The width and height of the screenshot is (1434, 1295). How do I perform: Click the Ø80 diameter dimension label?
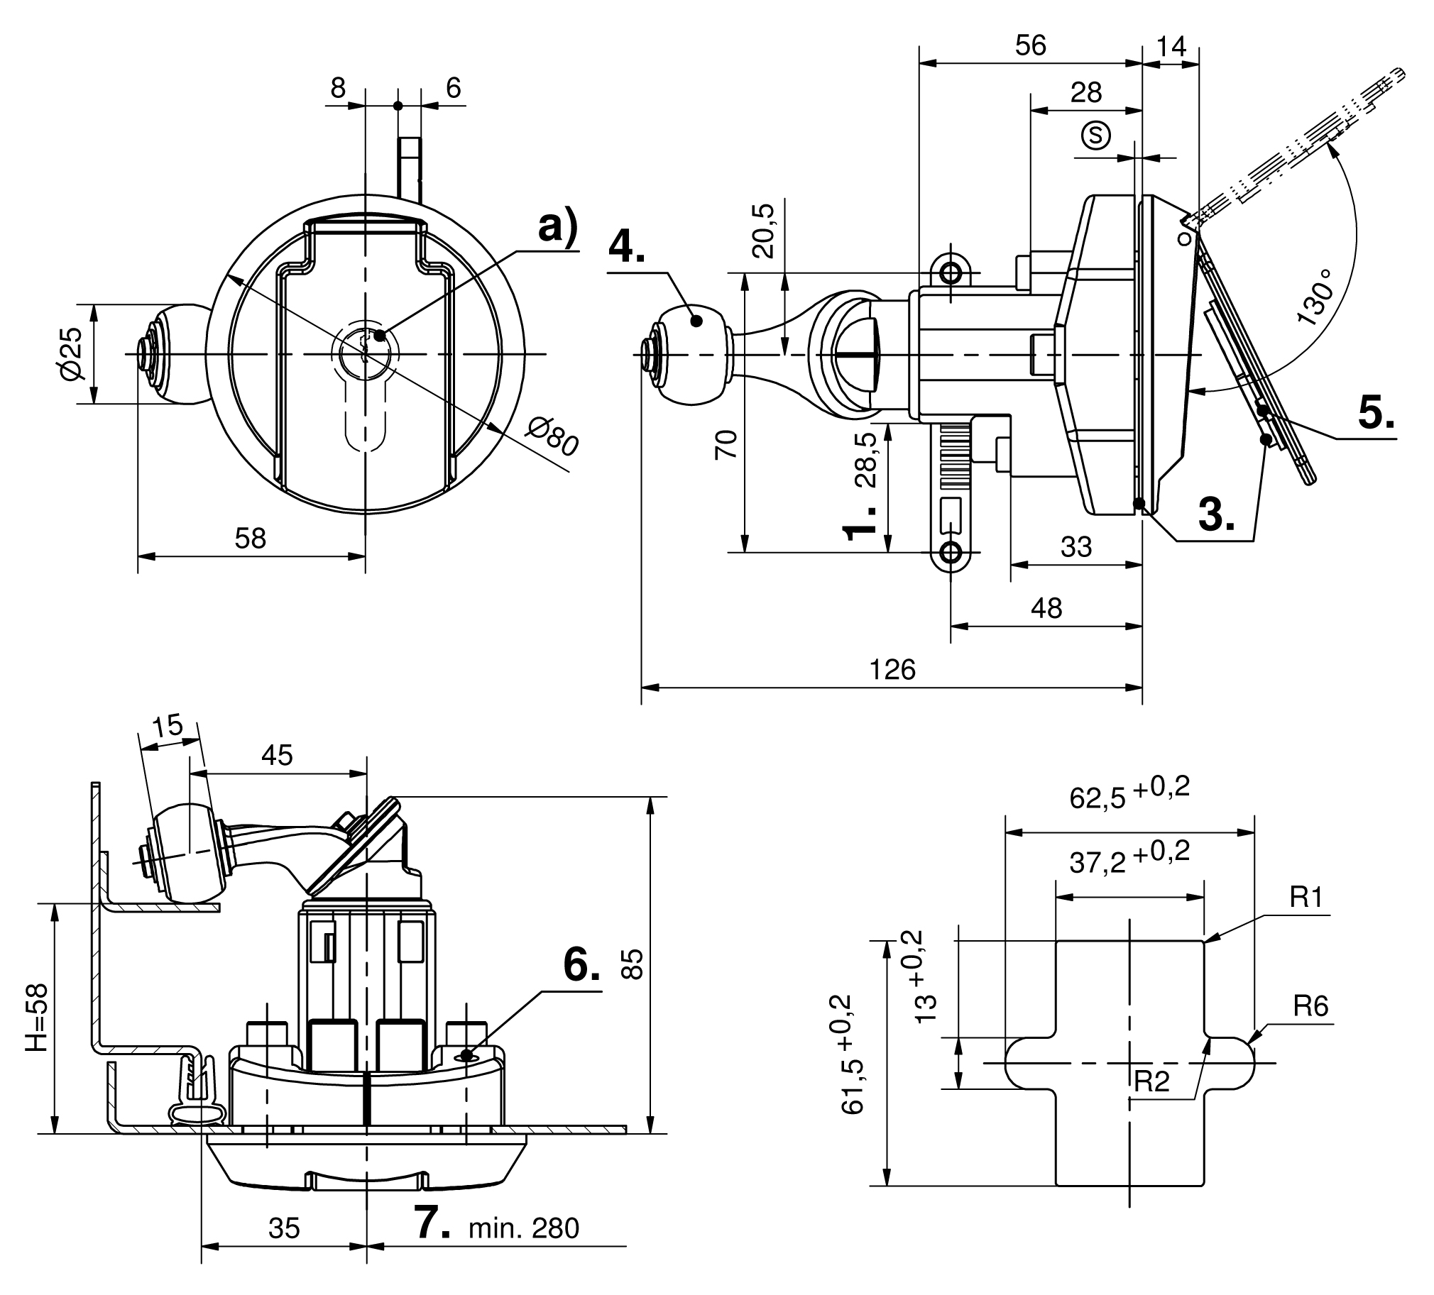554,436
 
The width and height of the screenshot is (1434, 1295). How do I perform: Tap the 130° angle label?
1314,297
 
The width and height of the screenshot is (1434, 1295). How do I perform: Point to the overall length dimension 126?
892,669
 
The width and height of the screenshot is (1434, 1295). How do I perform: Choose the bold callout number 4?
627,246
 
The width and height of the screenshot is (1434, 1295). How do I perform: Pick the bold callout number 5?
1376,412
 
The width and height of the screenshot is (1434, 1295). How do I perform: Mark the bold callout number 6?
582,966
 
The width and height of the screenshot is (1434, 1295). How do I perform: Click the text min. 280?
524,1228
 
